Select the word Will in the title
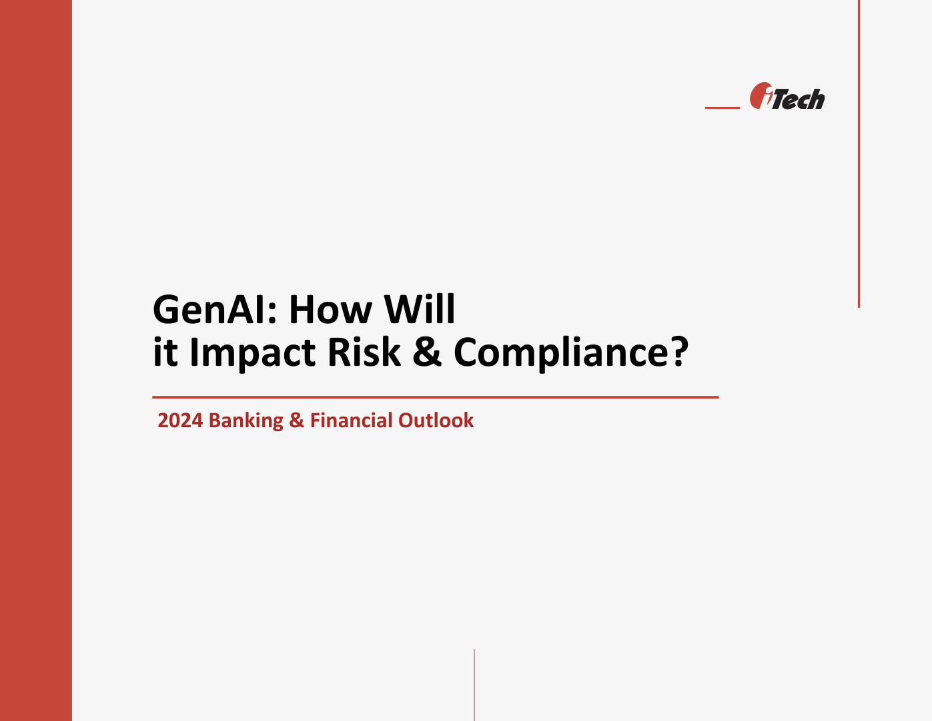[x=420, y=310]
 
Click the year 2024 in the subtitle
[x=180, y=421]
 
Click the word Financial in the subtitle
[x=351, y=421]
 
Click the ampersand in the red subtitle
[x=296, y=421]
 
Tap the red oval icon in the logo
[x=760, y=95]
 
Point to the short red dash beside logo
[x=723, y=107]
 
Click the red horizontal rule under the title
[x=435, y=397]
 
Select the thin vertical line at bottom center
[x=474, y=684]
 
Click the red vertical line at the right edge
[x=859, y=154]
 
